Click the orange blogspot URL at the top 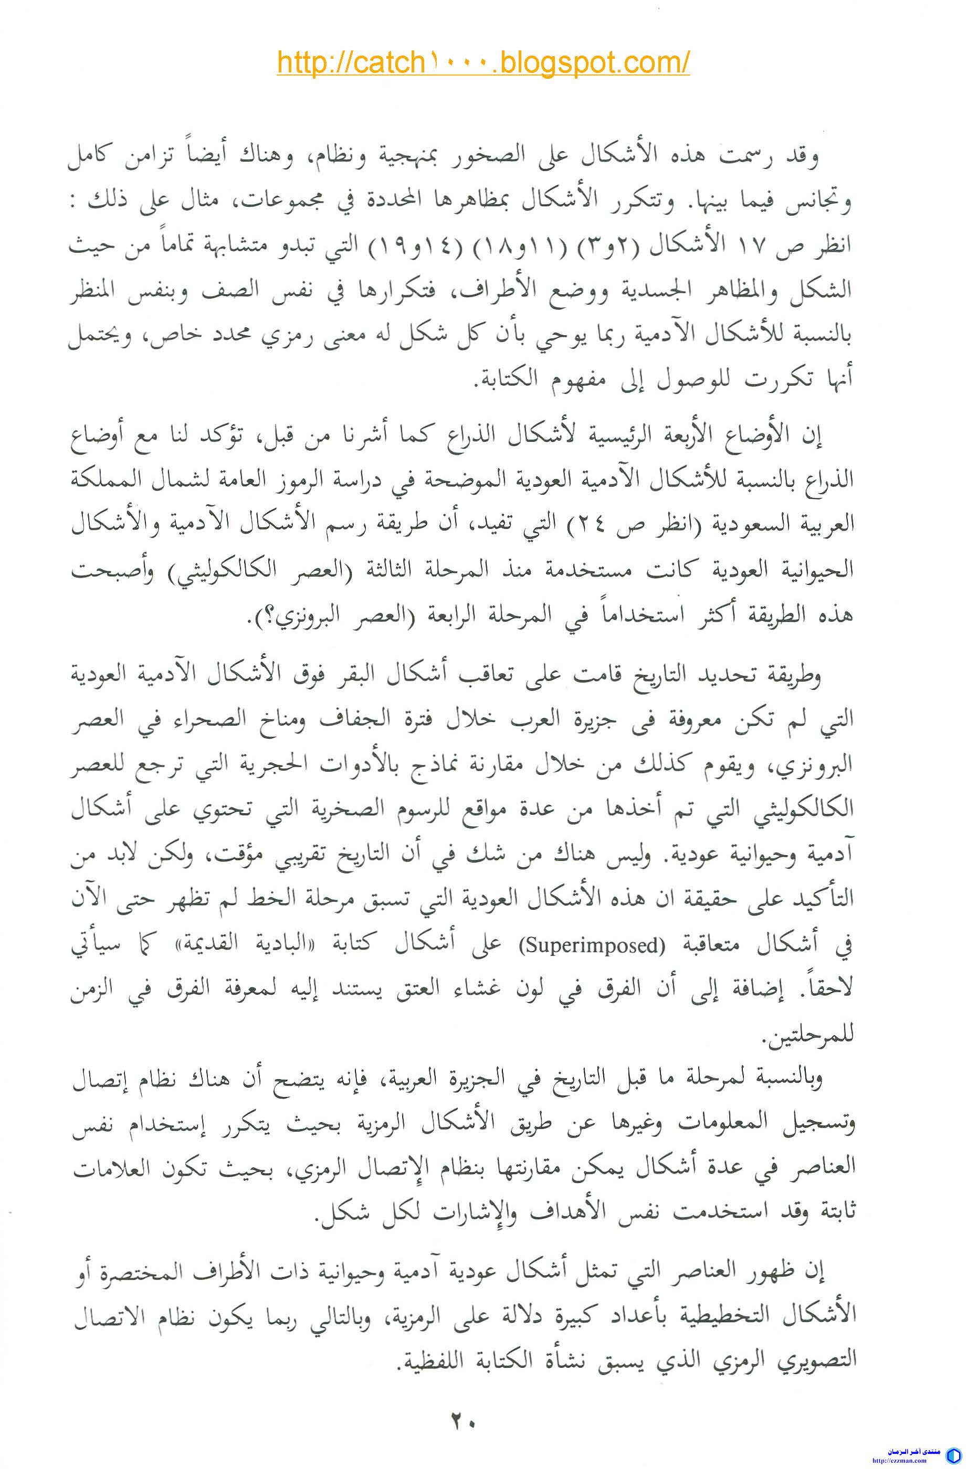(483, 62)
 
